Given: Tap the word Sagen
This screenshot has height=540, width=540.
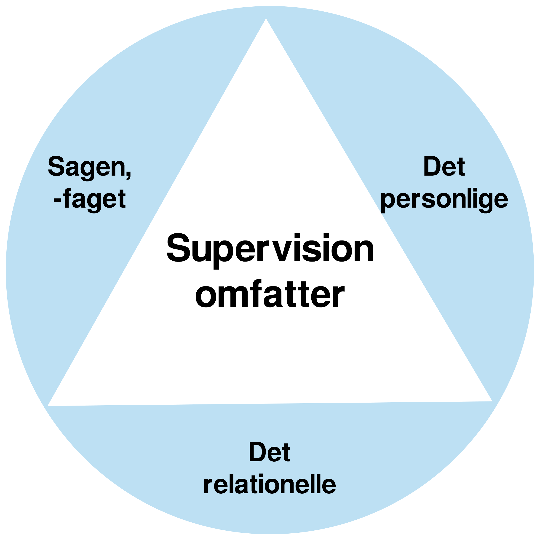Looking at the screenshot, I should [86, 167].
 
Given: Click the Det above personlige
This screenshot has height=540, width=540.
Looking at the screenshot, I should [444, 167].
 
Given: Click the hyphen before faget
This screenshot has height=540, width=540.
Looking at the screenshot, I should [57, 200].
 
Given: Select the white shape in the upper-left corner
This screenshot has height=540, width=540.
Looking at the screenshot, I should [84, 50].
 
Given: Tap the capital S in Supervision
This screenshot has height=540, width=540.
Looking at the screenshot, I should [178, 248].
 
